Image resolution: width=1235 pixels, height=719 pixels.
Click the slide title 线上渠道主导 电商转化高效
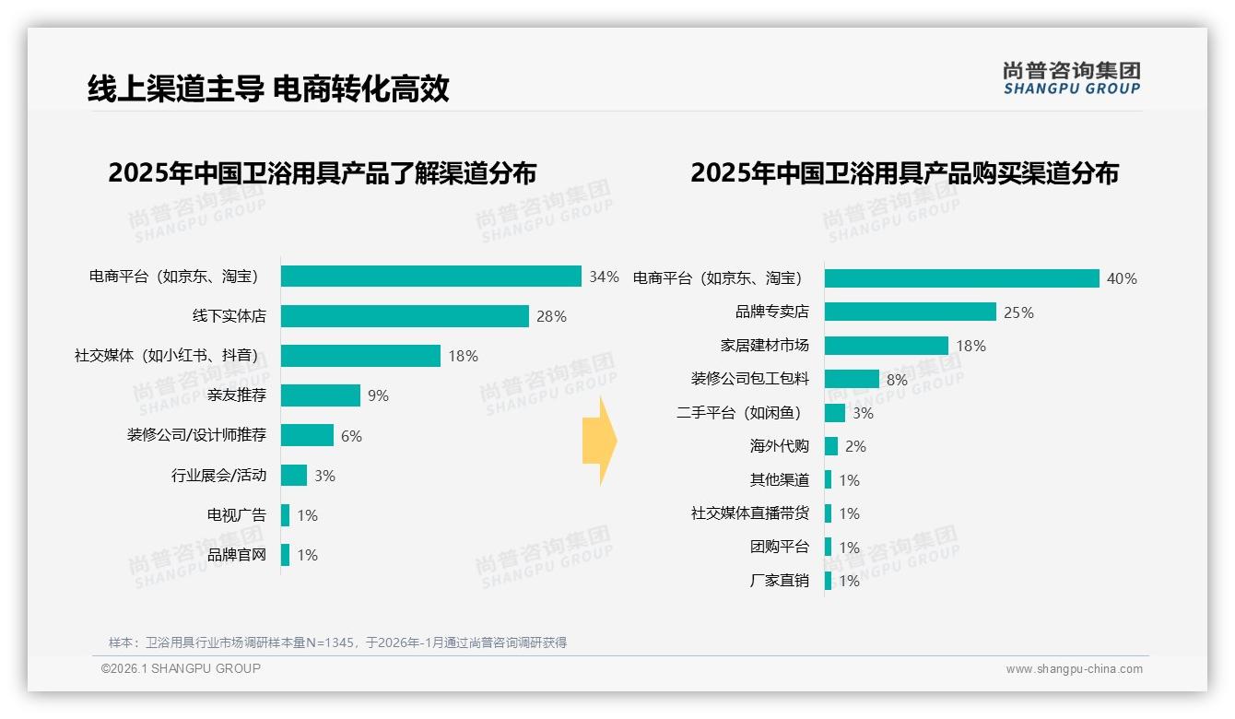[268, 89]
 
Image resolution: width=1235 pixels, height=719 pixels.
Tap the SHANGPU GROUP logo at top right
[1071, 78]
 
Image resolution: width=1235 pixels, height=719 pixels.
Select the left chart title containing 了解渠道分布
[322, 173]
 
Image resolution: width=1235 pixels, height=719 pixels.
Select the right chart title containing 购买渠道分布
[904, 173]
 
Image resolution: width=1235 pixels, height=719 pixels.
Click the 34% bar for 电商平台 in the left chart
[430, 277]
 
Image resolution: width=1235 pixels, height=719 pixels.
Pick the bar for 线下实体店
[405, 316]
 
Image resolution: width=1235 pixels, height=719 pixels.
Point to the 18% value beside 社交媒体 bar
[463, 356]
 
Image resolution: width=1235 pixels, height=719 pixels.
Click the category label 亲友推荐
[236, 395]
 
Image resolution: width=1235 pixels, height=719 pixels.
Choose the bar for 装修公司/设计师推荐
[307, 435]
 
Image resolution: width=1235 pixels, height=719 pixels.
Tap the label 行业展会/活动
[218, 476]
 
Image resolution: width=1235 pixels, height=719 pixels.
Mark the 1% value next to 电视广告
[307, 515]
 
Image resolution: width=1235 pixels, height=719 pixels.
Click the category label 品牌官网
[236, 555]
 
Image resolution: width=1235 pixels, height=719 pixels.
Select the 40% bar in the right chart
[961, 278]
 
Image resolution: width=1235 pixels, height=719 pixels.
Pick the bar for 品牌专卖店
[910, 312]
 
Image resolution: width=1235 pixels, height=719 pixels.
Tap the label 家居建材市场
[764, 346]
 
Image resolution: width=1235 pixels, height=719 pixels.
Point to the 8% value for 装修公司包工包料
[897, 380]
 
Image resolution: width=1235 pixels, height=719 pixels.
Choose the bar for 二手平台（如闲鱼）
[834, 413]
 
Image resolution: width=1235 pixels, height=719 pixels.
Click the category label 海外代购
[779, 446]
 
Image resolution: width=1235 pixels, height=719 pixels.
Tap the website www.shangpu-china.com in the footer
[1074, 669]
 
